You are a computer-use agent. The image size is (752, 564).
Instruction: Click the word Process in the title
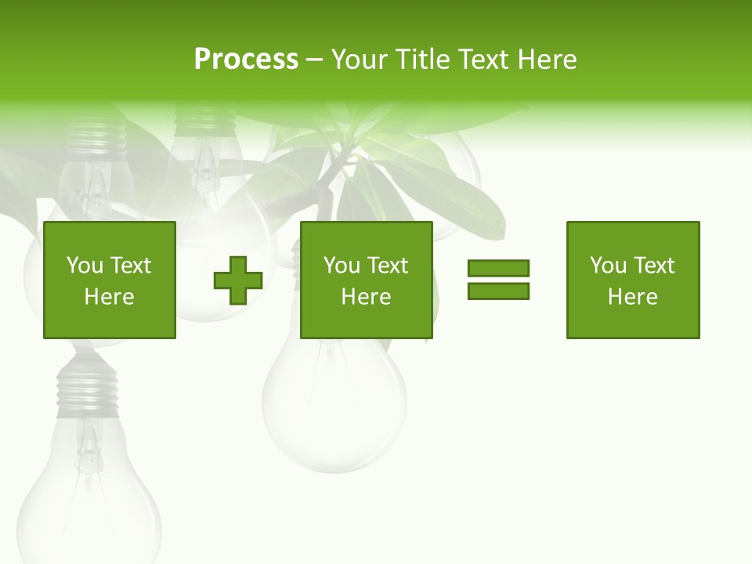pos(246,60)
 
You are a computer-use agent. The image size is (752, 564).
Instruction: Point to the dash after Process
pos(314,60)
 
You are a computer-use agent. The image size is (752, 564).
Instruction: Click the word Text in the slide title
pos(483,60)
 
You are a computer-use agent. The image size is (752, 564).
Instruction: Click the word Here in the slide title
pos(548,60)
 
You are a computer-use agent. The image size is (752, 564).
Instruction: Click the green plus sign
pos(238,280)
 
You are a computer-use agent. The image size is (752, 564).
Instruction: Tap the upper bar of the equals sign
pos(498,268)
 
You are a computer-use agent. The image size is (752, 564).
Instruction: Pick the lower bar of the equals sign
pos(498,291)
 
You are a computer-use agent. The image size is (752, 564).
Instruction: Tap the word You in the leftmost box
pos(85,266)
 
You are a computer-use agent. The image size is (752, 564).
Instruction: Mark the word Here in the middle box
pos(366,297)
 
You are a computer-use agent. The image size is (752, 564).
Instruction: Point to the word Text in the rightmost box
pos(653,266)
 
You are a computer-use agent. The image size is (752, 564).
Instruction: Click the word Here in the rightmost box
pos(633,297)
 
